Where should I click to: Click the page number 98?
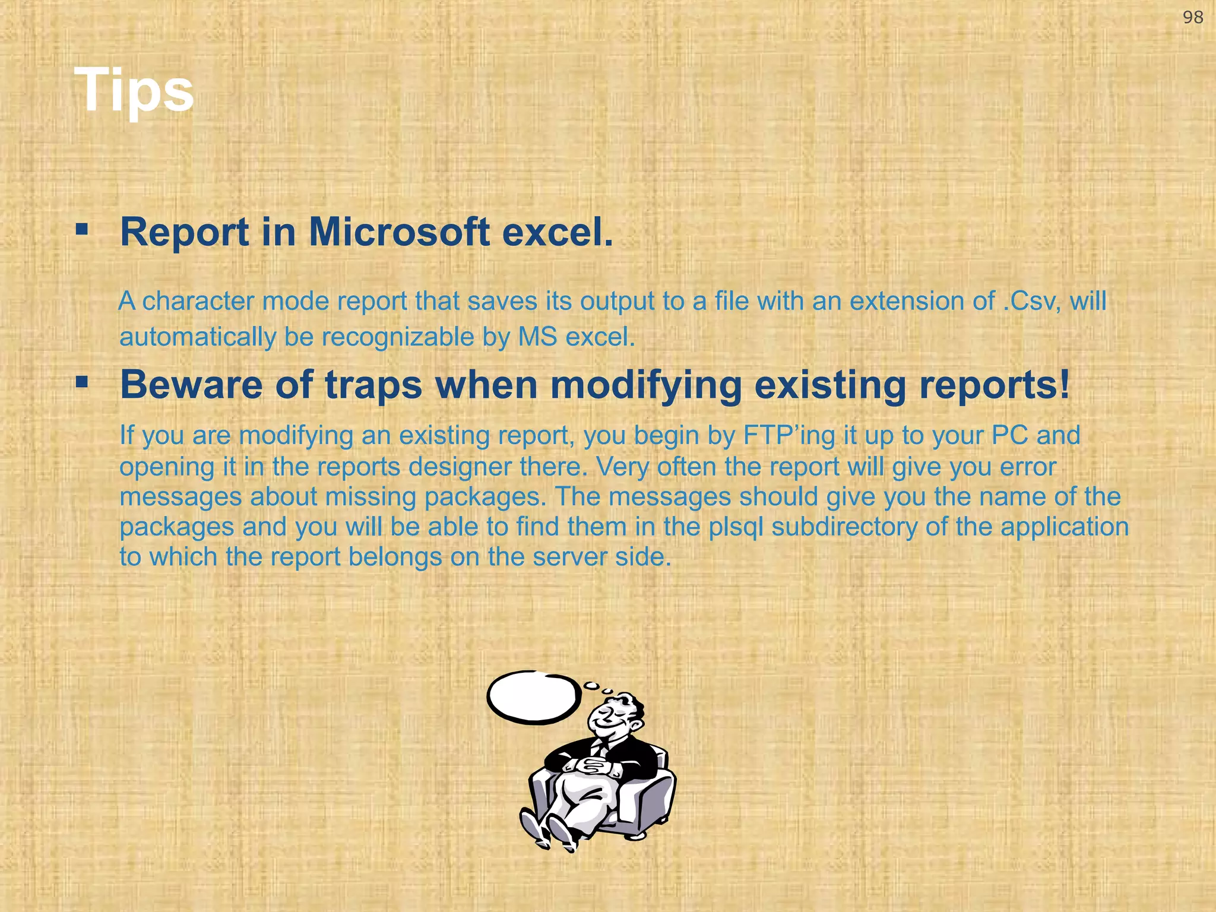[x=1193, y=18]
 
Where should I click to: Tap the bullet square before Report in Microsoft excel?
[x=82, y=229]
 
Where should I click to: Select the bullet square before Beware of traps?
[x=82, y=382]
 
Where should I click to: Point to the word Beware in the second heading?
[x=190, y=385]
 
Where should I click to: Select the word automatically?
[x=198, y=337]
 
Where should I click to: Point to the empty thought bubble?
[x=533, y=698]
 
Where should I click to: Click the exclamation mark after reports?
[x=1063, y=385]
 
